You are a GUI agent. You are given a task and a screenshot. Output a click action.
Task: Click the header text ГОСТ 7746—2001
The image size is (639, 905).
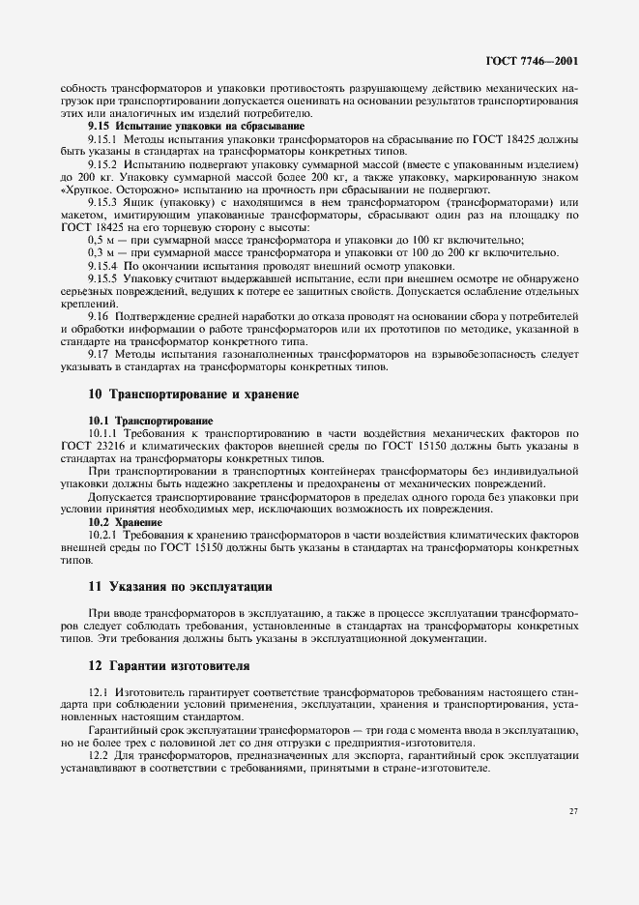pyautogui.click(x=538, y=60)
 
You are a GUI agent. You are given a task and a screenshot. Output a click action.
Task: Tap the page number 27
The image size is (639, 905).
pyautogui.click(x=573, y=810)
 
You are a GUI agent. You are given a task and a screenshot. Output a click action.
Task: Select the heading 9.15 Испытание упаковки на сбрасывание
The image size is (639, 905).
pyautogui.click(x=196, y=126)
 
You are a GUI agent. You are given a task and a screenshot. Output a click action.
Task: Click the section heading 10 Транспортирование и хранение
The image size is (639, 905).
pyautogui.click(x=193, y=394)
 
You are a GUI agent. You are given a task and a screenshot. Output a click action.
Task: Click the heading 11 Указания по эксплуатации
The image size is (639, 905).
pyautogui.click(x=180, y=586)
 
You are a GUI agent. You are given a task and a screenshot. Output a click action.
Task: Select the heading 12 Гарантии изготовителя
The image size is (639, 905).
pyautogui.click(x=169, y=666)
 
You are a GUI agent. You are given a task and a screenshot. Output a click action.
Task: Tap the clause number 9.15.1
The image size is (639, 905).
pyautogui.click(x=104, y=139)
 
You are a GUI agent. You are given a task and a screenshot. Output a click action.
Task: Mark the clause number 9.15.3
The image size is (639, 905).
pyautogui.click(x=104, y=202)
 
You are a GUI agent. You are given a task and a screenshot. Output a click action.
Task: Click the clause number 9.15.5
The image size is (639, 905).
pyautogui.click(x=104, y=277)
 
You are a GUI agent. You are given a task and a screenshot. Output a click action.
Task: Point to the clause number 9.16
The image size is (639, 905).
pyautogui.click(x=99, y=316)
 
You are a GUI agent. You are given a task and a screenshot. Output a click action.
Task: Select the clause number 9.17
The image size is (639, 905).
pyautogui.click(x=99, y=354)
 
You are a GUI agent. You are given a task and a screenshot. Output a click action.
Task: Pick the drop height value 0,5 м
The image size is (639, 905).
pyautogui.click(x=100, y=240)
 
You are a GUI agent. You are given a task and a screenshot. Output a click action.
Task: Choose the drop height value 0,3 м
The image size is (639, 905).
pyautogui.click(x=100, y=252)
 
